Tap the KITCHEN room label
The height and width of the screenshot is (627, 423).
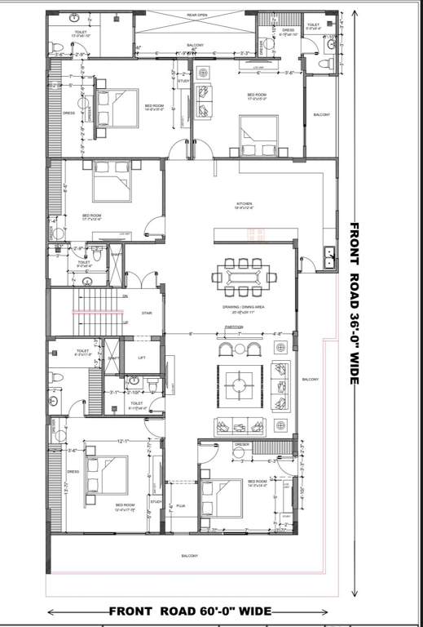(x=245, y=205)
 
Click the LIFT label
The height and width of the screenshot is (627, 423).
(x=142, y=357)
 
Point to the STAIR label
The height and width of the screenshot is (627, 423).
(x=147, y=312)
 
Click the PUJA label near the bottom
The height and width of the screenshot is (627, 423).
(x=181, y=506)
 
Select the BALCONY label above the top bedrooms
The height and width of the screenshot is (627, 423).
(x=196, y=45)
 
